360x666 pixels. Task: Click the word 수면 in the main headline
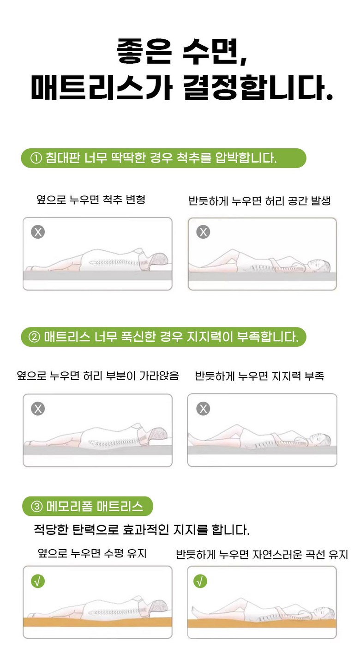(x=213, y=51)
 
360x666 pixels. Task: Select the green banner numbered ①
(x=163, y=158)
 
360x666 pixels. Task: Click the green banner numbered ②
(x=163, y=337)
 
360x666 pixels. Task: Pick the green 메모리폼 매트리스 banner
(x=88, y=506)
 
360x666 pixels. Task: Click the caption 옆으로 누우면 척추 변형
(x=91, y=200)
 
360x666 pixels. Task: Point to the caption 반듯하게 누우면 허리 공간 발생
(x=259, y=201)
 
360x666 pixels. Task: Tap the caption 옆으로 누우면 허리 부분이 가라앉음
(x=98, y=375)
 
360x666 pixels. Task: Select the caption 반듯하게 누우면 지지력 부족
(x=259, y=376)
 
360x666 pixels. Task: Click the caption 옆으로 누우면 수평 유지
(x=92, y=553)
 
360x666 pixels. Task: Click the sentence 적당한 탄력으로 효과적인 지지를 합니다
(x=142, y=530)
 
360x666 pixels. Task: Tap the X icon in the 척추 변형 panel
(x=38, y=232)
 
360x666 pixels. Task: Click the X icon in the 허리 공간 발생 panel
(x=203, y=232)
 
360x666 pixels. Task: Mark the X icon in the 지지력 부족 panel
(x=203, y=409)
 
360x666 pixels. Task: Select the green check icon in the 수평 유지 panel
(x=38, y=581)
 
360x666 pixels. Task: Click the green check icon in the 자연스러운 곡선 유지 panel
(x=200, y=581)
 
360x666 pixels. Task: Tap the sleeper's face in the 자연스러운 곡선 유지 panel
(x=321, y=613)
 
